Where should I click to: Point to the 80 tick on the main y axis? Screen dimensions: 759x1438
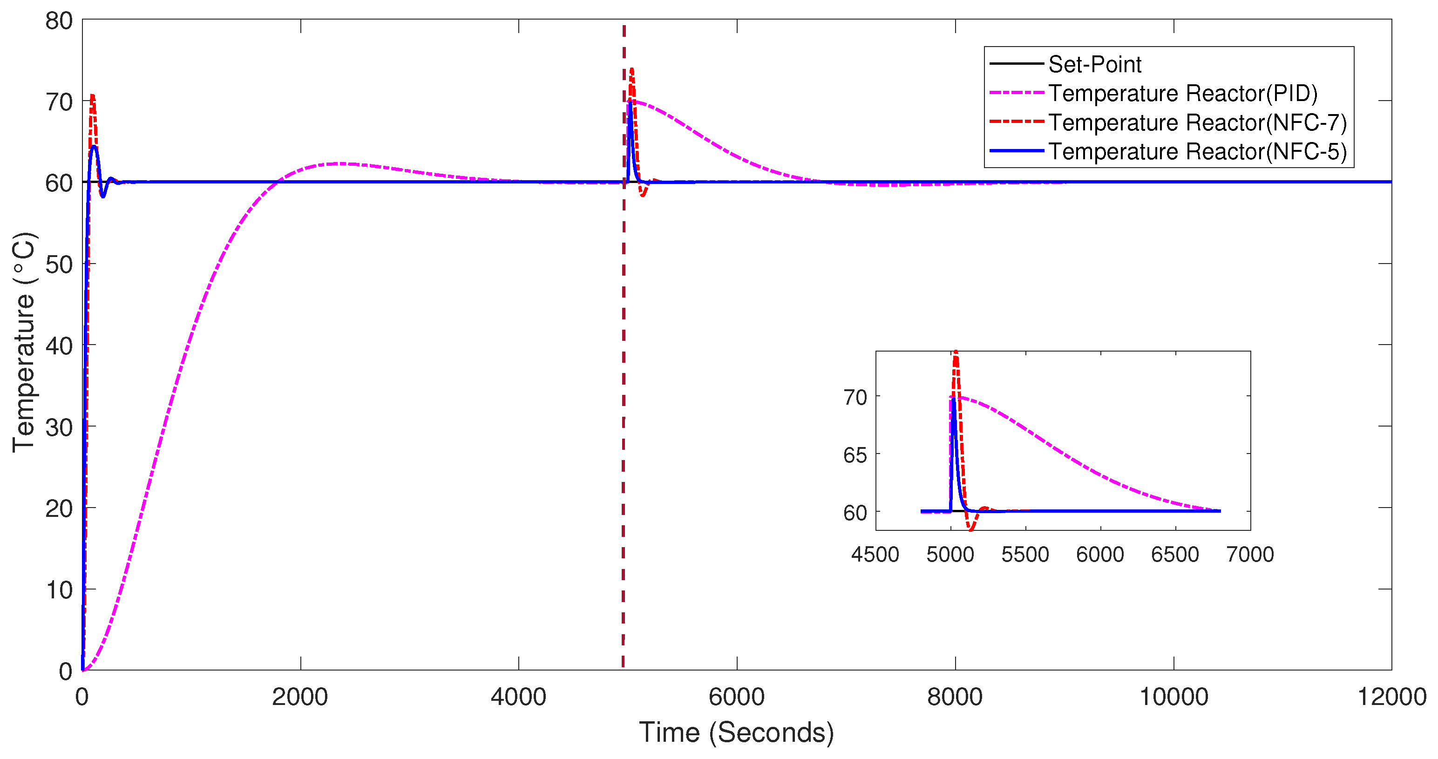59,21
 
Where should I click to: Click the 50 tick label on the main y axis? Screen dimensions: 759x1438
59,264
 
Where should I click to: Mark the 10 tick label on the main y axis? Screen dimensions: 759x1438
59,590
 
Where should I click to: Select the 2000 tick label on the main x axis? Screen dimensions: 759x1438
300,697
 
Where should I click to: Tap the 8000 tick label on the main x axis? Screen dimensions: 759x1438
955,697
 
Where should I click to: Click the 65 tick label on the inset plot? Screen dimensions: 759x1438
855,455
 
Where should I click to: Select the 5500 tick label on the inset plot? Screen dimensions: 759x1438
1025,555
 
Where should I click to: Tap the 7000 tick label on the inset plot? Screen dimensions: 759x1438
1250,555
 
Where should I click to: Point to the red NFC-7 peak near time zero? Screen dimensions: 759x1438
92,96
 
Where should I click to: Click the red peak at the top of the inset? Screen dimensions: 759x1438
956,352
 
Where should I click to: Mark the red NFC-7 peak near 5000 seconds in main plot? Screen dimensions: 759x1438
631,69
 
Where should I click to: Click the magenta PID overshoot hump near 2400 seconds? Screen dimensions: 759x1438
340,163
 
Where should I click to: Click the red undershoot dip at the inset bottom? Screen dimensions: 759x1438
971,529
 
